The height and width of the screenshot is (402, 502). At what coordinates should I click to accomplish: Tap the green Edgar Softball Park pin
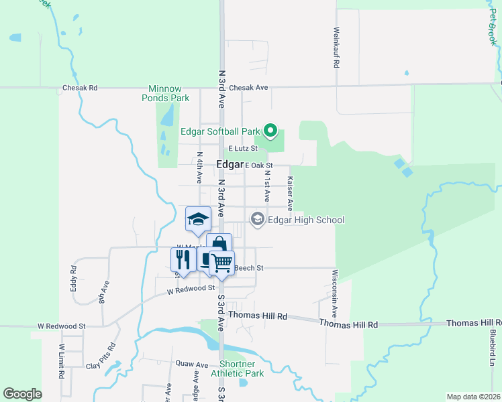[x=270, y=130]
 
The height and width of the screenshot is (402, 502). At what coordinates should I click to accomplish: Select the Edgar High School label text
[x=306, y=220]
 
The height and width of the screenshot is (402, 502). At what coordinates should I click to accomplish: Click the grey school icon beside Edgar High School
[x=257, y=219]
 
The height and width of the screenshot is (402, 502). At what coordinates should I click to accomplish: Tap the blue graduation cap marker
[x=198, y=219]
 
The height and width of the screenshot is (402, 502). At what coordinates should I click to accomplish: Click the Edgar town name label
[x=230, y=165]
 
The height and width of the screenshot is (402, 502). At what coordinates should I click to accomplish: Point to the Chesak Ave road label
[x=248, y=88]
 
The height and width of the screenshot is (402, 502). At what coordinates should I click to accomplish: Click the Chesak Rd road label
[x=80, y=88]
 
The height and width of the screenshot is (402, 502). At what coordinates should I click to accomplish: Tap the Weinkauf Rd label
[x=335, y=48]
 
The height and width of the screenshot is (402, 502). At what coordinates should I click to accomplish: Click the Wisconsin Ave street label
[x=334, y=294]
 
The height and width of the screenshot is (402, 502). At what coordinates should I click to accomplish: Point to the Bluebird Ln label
[x=492, y=347]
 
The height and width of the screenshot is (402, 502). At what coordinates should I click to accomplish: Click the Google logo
[x=23, y=394]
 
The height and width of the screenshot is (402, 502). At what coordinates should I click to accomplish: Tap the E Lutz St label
[x=243, y=148]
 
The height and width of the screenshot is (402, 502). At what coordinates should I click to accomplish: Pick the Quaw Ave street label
[x=192, y=364]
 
